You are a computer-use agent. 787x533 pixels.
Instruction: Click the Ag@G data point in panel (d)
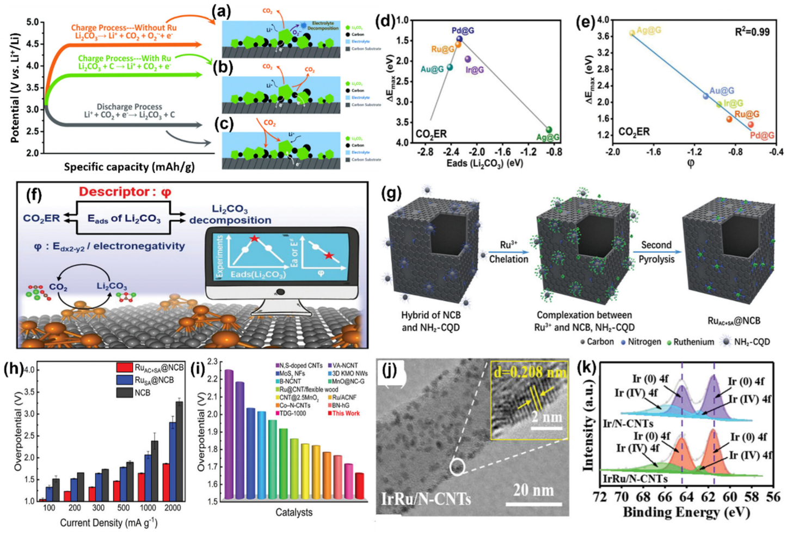(549, 130)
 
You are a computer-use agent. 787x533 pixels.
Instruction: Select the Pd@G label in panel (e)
(762, 136)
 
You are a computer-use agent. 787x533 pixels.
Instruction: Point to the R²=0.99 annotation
(752, 32)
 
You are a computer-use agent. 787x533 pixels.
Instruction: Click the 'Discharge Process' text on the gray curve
(129, 107)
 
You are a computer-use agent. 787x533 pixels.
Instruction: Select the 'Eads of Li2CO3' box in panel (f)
(124, 219)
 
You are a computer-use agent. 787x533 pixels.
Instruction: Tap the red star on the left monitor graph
(254, 239)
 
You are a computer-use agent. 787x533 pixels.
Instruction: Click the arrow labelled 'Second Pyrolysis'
(656, 252)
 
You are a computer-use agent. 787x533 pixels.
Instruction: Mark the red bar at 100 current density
(42, 499)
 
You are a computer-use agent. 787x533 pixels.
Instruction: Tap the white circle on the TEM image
(458, 467)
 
